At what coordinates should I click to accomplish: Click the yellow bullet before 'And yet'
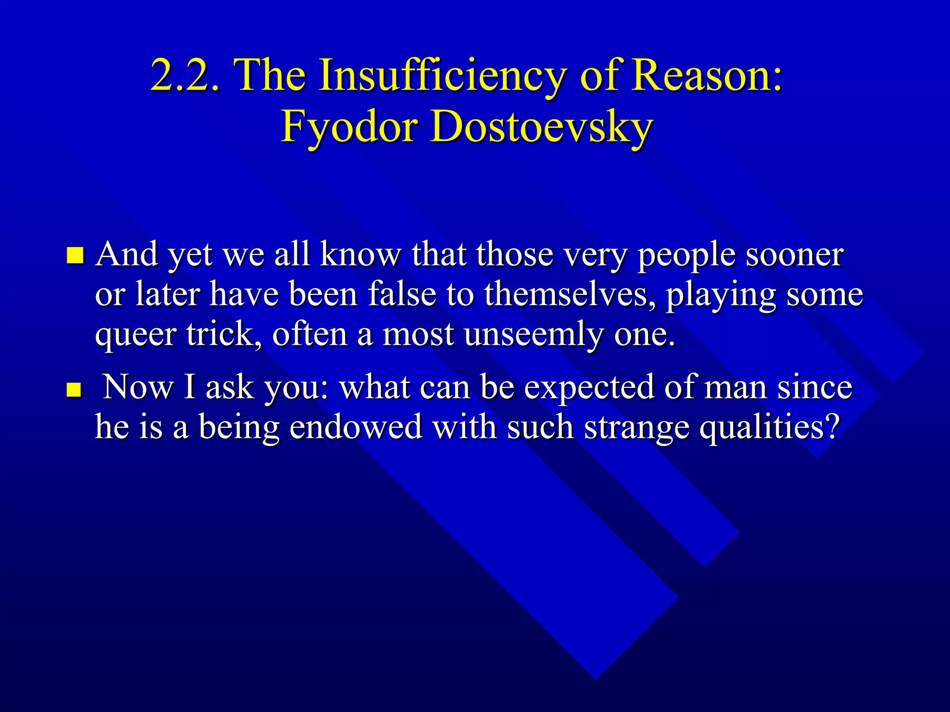point(75,255)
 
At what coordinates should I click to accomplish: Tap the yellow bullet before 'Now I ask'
point(74,390)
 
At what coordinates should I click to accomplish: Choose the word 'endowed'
point(356,427)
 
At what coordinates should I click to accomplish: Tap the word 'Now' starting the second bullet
point(138,388)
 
